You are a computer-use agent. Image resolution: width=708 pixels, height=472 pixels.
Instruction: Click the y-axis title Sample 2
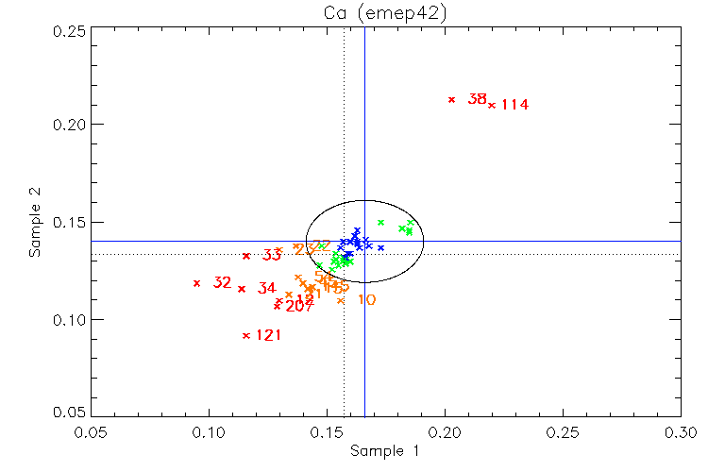[x=34, y=222]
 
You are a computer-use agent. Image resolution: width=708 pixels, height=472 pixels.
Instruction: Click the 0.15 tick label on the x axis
[x=327, y=432]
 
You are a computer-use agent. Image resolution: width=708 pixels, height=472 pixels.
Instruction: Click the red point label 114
[x=514, y=105]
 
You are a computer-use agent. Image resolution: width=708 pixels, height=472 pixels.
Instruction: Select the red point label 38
[x=478, y=99]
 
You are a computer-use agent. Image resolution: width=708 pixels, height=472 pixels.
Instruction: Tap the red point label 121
[x=269, y=335]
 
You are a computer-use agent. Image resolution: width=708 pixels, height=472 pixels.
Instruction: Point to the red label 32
[x=223, y=282]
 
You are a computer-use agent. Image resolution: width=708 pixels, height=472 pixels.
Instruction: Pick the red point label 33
[x=272, y=255]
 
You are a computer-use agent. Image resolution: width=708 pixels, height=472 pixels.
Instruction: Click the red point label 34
[x=267, y=288]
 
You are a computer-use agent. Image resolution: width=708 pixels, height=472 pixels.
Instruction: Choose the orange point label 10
[x=367, y=300]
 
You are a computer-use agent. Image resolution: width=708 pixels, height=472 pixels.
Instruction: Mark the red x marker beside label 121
[x=246, y=336]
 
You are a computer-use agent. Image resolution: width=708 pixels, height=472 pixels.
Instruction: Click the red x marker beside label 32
[x=197, y=283]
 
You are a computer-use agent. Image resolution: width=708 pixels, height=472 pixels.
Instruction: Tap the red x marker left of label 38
[x=452, y=99]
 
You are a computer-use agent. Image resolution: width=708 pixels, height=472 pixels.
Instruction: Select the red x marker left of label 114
[x=492, y=105]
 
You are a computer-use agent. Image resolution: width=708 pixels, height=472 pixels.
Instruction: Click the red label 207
[x=299, y=307]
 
